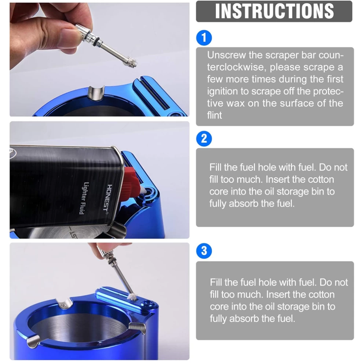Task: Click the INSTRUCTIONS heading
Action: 274,11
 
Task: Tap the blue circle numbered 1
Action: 204,37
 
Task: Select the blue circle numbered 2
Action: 204,139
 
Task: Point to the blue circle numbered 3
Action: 204,251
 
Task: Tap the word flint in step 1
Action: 214,115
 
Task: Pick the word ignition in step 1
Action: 223,91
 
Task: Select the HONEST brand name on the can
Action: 110,198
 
